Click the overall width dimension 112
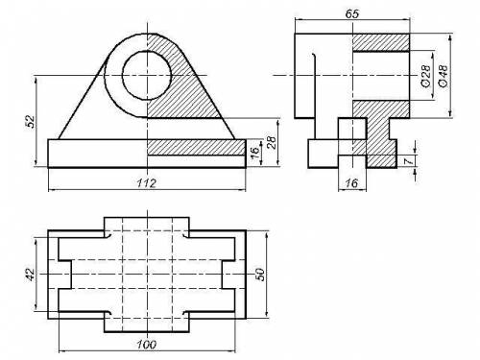147,183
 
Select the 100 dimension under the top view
147,345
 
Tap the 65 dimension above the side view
352,13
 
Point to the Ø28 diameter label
425,76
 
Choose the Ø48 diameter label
444,76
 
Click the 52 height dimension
30,121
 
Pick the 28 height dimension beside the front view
271,142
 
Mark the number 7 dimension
408,161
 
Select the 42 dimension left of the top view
30,275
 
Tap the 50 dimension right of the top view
261,275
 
